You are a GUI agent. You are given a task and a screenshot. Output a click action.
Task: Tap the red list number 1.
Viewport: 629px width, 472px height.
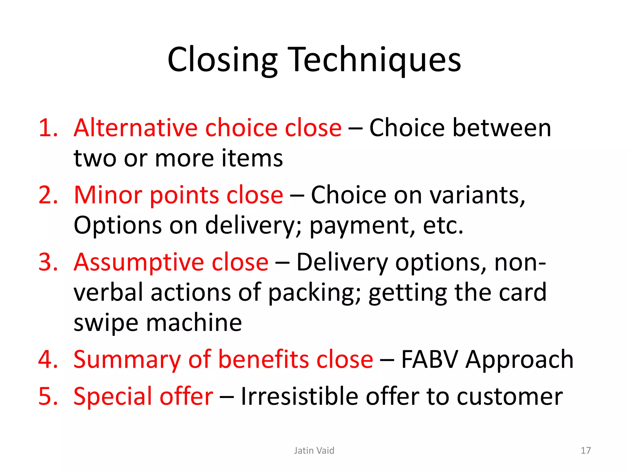pos(48,128)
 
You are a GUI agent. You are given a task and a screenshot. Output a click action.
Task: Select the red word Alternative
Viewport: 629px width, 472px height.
pos(135,128)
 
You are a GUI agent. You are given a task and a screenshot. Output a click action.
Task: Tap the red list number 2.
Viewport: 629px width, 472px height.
pos(48,195)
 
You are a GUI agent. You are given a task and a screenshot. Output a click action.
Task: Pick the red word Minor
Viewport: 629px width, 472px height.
pos(108,195)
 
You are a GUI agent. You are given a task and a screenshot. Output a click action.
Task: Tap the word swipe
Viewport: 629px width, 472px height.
pos(106,323)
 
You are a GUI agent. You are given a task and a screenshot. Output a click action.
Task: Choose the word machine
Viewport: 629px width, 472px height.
pos(194,323)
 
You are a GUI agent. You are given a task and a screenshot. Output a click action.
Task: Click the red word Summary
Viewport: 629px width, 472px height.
pos(127,360)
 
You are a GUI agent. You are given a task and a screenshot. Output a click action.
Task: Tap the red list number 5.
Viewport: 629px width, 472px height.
pos(48,396)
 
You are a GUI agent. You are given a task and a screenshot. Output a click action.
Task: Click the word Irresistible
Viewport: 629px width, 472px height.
pos(299,396)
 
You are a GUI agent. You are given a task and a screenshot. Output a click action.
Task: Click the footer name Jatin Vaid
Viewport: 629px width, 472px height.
pos(314,450)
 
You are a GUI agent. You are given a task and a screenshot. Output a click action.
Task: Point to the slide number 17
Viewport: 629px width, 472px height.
pos(585,450)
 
